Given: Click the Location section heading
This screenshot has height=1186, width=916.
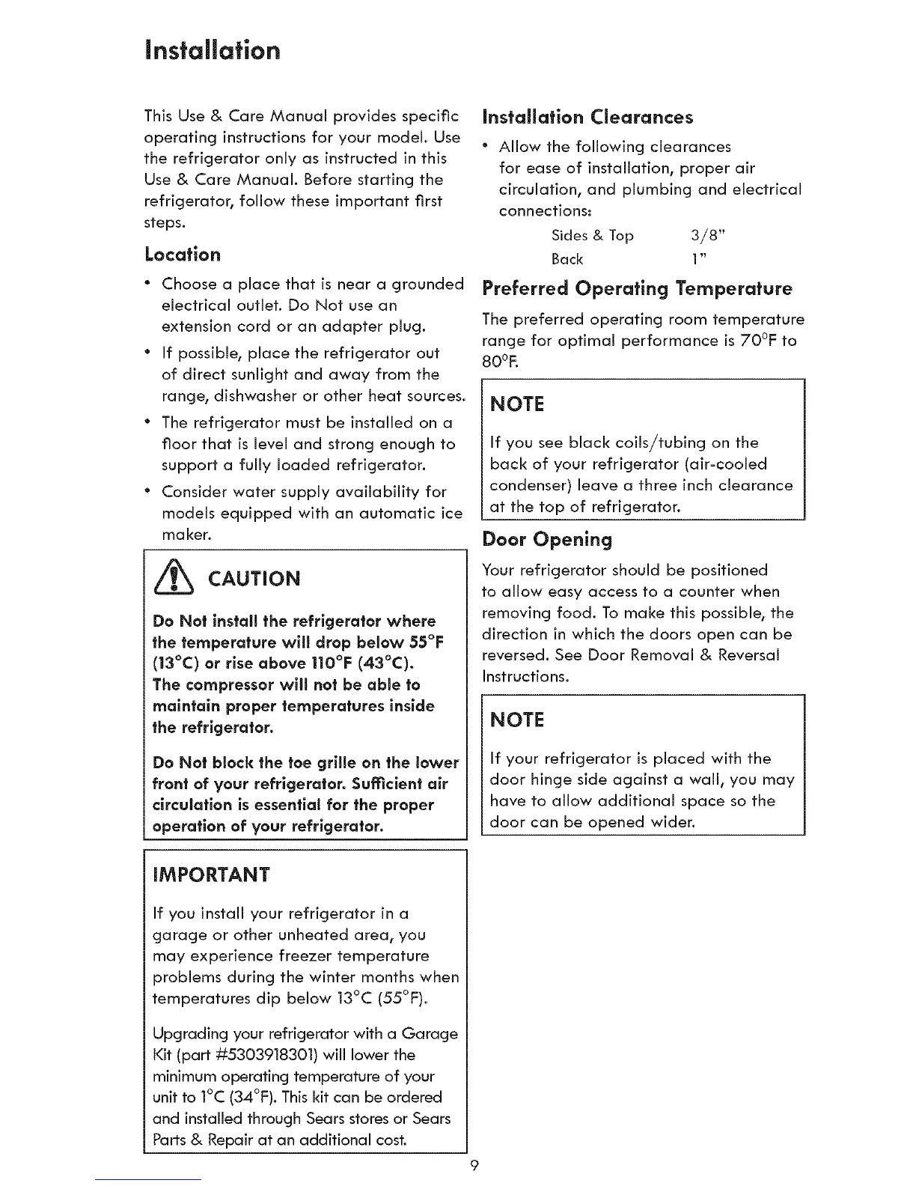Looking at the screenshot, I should point(183,255).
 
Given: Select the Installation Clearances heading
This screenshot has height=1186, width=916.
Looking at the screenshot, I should point(587,118).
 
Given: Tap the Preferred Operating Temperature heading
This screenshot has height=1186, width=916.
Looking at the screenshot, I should point(637,289).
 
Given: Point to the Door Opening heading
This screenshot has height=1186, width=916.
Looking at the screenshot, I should point(547,539).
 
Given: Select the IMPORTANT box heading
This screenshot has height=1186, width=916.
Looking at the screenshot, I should point(211,875).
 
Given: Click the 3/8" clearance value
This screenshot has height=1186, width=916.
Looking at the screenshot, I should point(708,236).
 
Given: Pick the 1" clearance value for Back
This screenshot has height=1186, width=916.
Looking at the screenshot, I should point(700,259).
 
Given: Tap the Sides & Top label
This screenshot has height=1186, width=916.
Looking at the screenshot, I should point(592,236).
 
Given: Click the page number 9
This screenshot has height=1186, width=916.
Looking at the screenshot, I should point(474,1166).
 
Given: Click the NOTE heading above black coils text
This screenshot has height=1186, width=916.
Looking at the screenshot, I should point(516,404).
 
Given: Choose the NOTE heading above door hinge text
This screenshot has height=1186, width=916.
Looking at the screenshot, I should point(516,720).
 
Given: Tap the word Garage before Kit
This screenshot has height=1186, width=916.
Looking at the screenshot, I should point(430,1034).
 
